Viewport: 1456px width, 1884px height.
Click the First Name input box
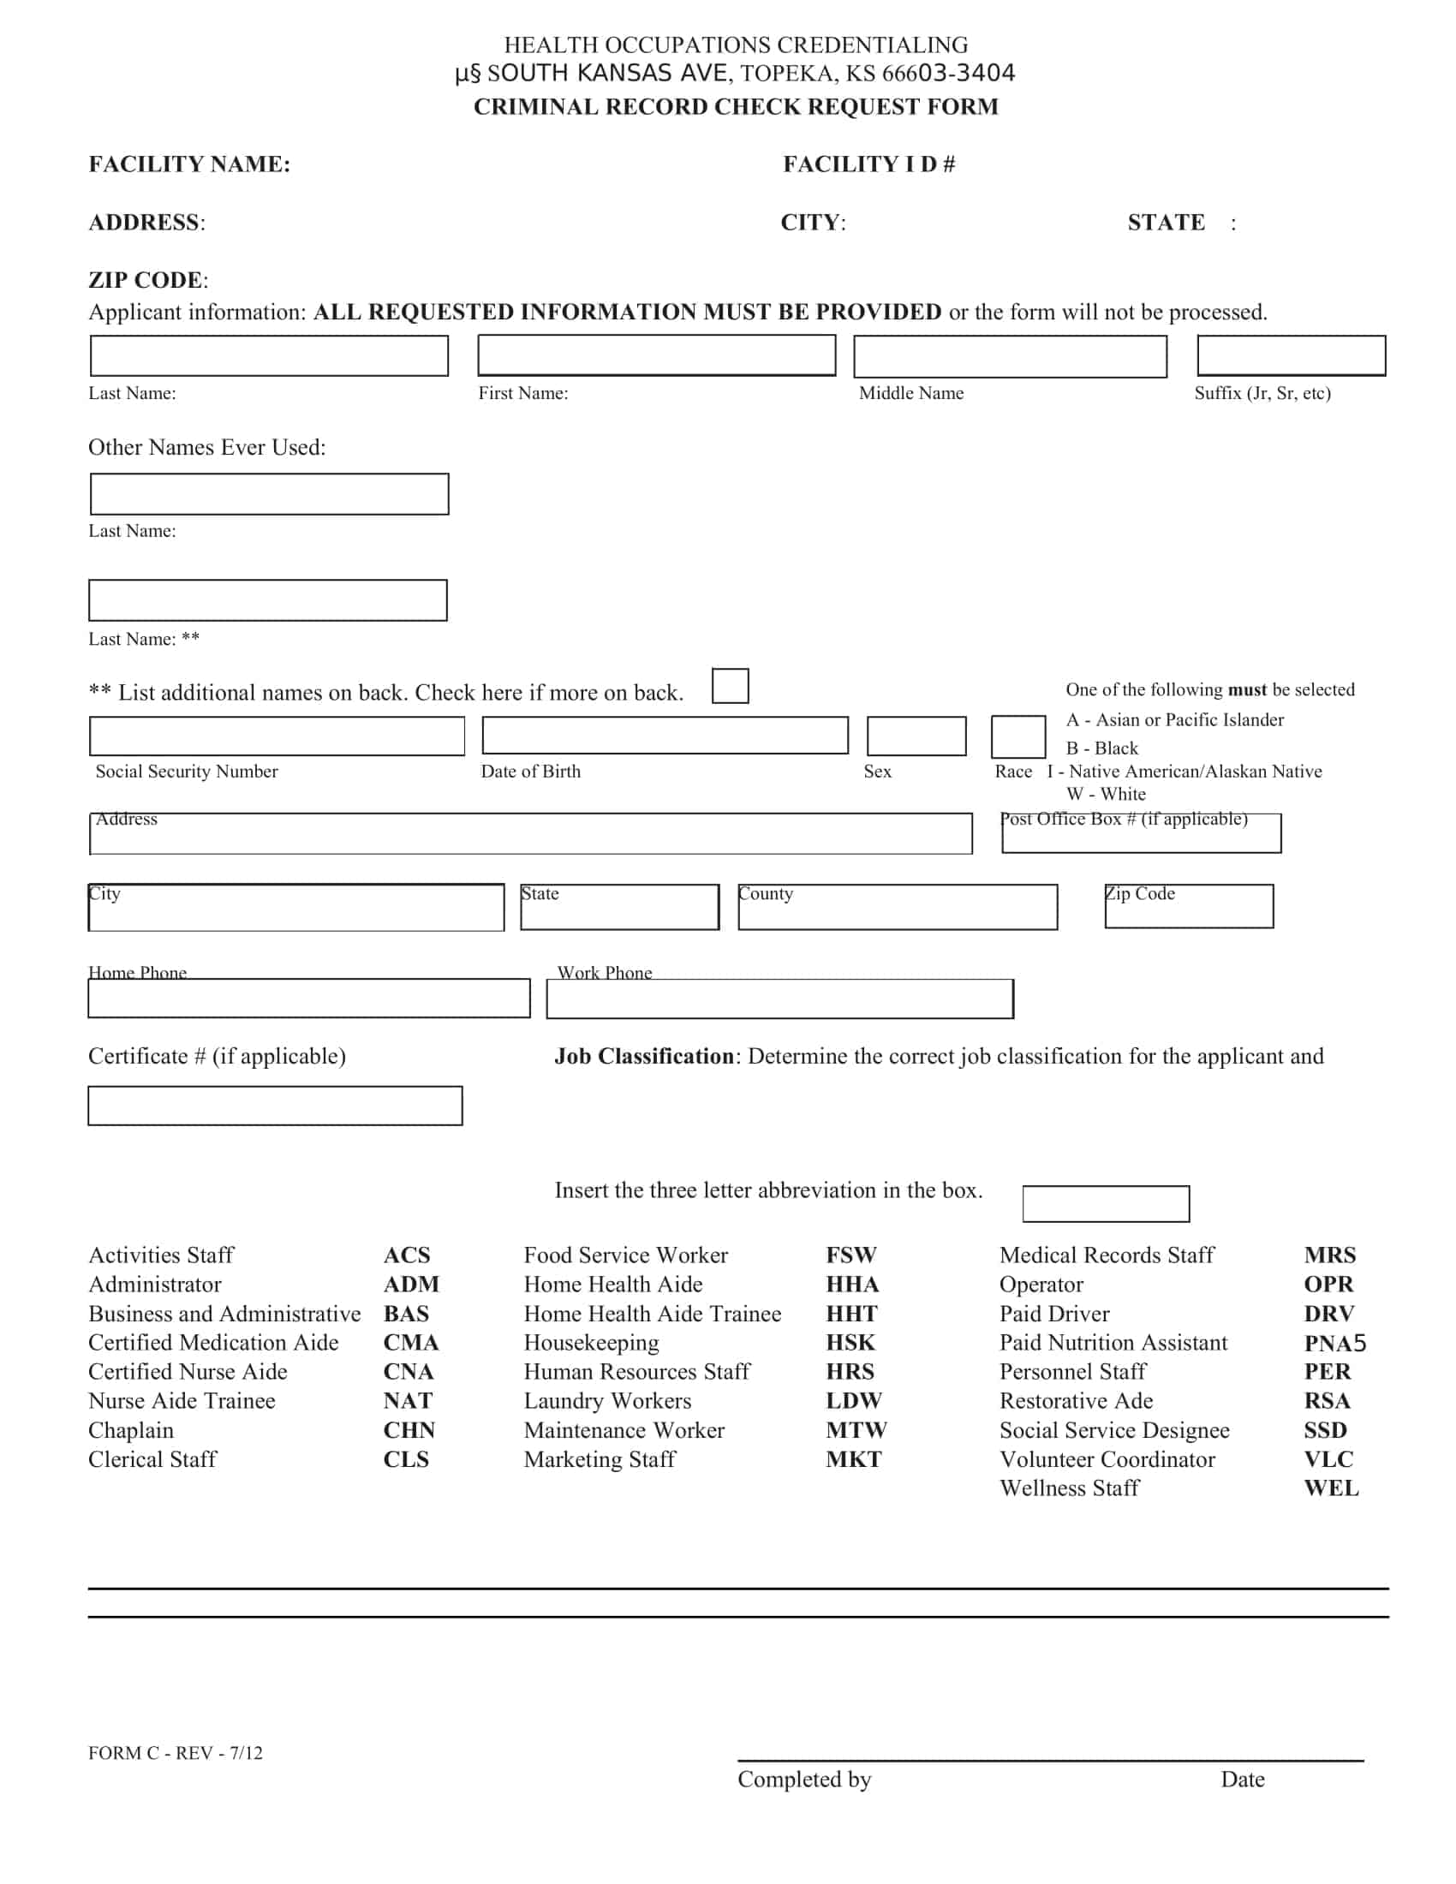tap(656, 355)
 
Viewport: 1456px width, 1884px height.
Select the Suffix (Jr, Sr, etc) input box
tap(1291, 355)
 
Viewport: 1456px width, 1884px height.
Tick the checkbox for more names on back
tap(730, 686)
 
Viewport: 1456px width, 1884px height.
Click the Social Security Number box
tap(277, 736)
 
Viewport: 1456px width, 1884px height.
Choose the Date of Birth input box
tap(664, 736)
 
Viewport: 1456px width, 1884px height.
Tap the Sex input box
tap(916, 736)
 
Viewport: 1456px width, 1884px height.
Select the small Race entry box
tap(1017, 736)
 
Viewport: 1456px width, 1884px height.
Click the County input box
tap(897, 908)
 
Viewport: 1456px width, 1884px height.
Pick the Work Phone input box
tap(779, 999)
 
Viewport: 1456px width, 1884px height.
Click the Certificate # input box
tap(275, 1106)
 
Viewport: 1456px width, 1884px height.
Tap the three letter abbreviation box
tap(1106, 1203)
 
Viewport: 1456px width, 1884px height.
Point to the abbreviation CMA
tap(410, 1342)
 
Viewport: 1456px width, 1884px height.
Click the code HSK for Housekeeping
tap(850, 1342)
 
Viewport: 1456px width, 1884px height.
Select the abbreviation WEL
tap(1331, 1488)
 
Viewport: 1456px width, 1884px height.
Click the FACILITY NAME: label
tap(190, 164)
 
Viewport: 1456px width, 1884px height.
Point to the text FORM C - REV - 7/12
tap(175, 1753)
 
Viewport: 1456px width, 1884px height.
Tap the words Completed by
tap(804, 1779)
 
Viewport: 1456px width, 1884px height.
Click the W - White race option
tap(1106, 794)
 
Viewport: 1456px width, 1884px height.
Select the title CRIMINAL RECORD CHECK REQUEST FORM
tap(736, 107)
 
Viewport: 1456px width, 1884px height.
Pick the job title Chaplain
tap(131, 1430)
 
